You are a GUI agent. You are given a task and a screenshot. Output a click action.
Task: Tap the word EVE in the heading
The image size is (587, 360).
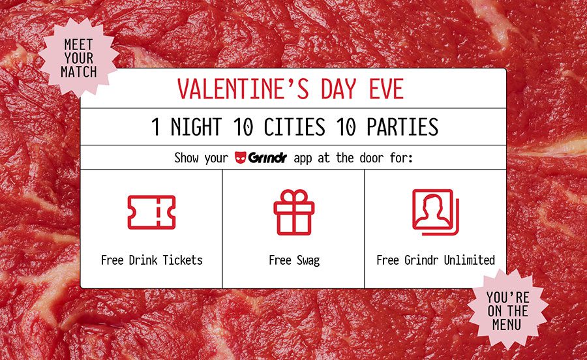point(386,89)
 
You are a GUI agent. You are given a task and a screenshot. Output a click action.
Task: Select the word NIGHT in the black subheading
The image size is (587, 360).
point(196,127)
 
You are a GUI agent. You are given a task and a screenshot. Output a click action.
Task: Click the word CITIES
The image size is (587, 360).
point(294,127)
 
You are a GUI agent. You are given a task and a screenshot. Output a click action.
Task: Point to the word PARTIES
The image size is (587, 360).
point(402,127)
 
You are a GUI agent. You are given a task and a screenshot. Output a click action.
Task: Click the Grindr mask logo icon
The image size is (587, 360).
point(240,157)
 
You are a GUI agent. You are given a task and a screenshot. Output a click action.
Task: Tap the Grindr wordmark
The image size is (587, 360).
point(267,158)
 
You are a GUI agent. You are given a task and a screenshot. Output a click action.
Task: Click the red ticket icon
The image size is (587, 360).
point(151,212)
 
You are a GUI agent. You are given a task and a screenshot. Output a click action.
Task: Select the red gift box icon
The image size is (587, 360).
point(294,212)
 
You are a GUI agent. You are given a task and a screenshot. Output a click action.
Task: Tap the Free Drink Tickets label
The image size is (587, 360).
point(151,260)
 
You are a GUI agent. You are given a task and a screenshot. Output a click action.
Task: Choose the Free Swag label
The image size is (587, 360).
point(294,260)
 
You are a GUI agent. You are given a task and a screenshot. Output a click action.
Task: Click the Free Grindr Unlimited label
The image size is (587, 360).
point(436,260)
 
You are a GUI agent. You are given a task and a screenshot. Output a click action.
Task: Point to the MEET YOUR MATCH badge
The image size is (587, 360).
point(79,58)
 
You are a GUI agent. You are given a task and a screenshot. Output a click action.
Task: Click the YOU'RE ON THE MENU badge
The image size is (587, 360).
point(507,310)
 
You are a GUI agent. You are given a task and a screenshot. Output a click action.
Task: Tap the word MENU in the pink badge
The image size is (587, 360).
point(507,324)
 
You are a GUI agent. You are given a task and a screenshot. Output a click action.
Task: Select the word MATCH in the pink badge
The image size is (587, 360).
point(79,72)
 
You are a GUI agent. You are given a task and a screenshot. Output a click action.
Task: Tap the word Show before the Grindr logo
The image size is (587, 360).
point(186,158)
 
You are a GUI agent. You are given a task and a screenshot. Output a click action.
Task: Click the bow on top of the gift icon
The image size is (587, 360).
point(294,196)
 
